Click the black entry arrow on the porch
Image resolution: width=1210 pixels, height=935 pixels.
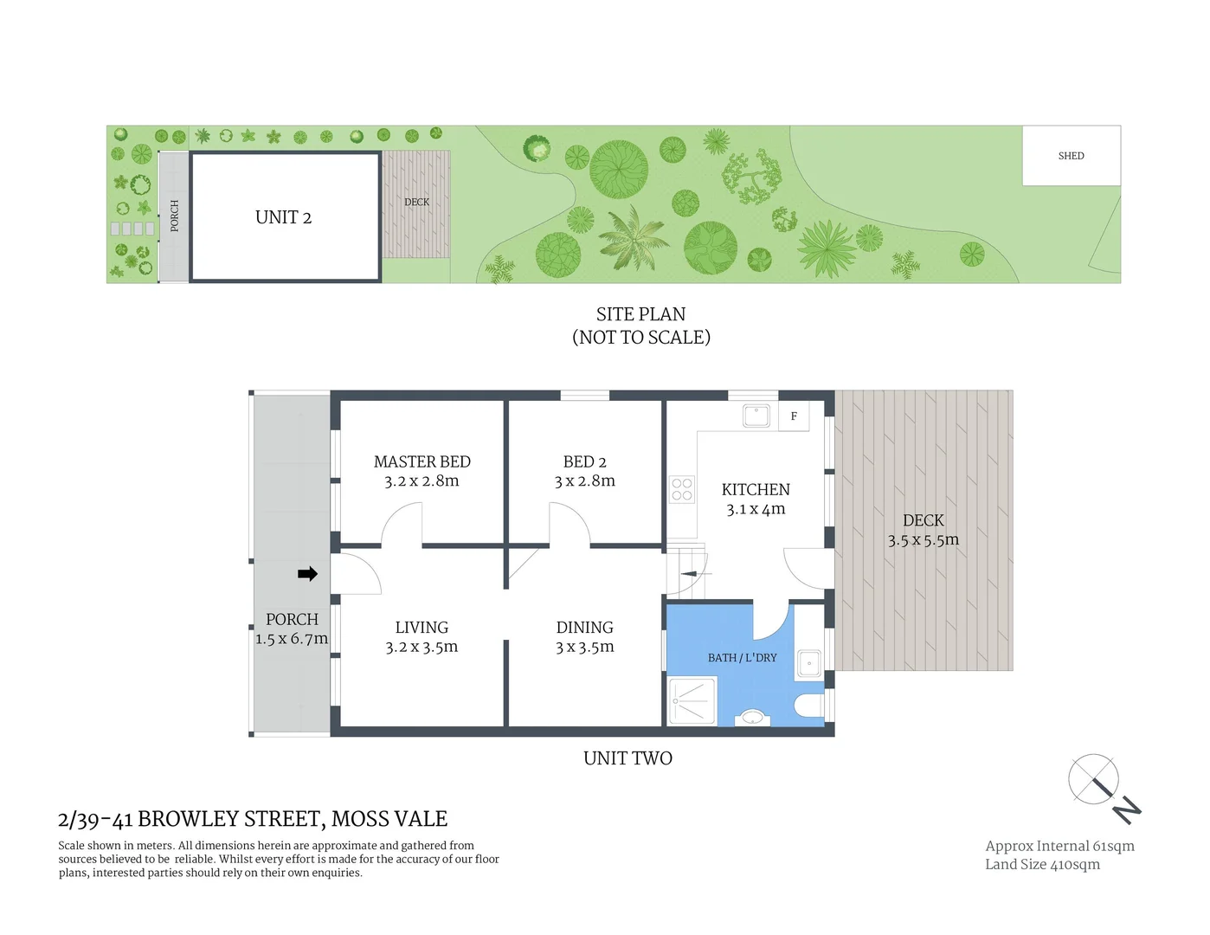(x=307, y=574)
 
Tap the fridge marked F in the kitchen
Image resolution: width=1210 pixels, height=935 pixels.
(x=794, y=416)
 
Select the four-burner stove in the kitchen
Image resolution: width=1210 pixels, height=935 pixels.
(x=682, y=490)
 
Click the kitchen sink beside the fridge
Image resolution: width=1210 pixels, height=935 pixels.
(x=756, y=416)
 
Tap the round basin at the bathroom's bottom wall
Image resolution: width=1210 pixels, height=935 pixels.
(x=752, y=718)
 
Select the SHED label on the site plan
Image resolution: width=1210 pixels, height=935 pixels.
(x=1071, y=156)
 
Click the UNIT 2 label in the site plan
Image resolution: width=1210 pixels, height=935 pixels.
(x=283, y=217)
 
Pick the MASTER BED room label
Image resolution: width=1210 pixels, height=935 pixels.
(x=422, y=461)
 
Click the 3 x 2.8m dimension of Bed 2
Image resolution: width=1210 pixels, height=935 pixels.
(x=584, y=481)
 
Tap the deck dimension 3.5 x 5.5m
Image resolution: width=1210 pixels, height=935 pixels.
(x=923, y=540)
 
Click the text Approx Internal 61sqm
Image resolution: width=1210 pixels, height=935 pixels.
(x=1059, y=846)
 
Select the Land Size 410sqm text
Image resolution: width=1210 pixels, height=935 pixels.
(x=1042, y=864)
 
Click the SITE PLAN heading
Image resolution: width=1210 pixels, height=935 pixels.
(x=640, y=314)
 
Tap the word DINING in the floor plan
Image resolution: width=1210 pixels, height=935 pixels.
(x=584, y=628)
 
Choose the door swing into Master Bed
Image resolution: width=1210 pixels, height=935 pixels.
(x=402, y=525)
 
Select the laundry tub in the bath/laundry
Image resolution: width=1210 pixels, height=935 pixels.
(x=809, y=663)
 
